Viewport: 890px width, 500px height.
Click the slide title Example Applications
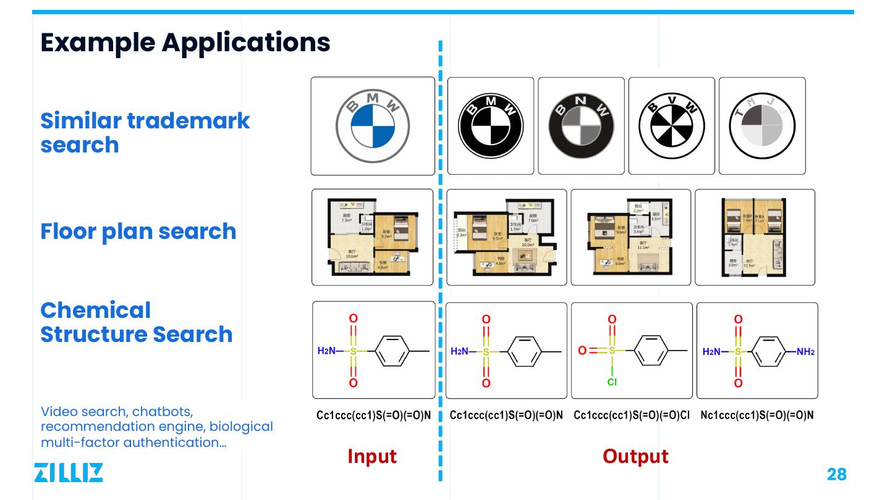coord(185,43)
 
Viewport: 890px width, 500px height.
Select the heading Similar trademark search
coord(145,132)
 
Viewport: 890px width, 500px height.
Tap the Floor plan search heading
coord(138,231)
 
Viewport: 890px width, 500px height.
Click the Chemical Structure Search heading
coord(137,322)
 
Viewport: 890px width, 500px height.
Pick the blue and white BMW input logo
coord(373,126)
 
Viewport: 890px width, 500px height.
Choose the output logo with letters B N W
coord(581,126)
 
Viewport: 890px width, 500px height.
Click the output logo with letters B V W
coord(671,126)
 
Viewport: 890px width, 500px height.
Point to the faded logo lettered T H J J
coord(761,126)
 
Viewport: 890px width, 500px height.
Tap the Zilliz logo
coord(68,472)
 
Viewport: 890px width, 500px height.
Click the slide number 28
coord(836,474)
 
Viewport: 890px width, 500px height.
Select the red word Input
coord(372,456)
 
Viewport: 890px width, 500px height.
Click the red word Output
coord(635,456)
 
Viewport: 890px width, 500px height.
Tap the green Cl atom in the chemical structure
coord(612,382)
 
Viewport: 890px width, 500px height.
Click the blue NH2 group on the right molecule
coord(805,352)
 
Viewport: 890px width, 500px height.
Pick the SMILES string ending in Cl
coord(632,415)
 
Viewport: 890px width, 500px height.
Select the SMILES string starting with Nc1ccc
coord(757,415)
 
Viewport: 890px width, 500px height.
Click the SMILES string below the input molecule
coord(373,415)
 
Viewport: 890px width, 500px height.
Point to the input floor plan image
coord(373,237)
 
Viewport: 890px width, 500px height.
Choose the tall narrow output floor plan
coord(755,237)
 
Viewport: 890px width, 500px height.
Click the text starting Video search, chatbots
coord(156,427)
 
